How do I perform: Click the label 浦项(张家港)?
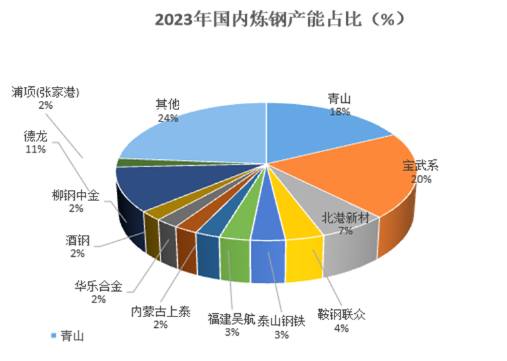(x=45, y=92)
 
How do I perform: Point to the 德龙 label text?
(x=35, y=137)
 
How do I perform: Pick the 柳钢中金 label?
(x=76, y=196)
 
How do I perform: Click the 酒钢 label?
(x=78, y=239)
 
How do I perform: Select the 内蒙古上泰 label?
(x=159, y=312)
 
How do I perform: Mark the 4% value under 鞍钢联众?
(x=341, y=328)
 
